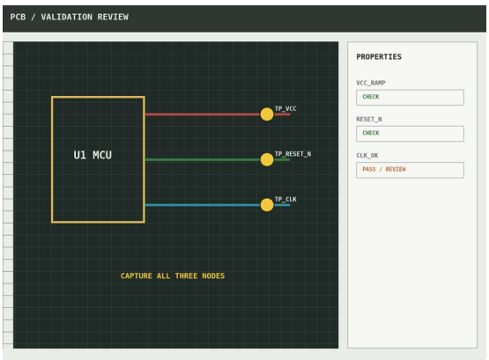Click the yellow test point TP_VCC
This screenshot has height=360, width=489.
coord(267,114)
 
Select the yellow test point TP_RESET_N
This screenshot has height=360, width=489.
coord(267,159)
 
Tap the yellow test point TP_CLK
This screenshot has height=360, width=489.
coord(267,205)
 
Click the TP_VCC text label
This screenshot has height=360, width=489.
coord(285,108)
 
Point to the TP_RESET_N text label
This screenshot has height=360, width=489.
coord(293,154)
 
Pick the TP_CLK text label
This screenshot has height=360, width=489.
coord(285,199)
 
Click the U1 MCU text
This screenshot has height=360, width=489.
coord(93,155)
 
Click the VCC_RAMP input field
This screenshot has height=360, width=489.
coord(410,98)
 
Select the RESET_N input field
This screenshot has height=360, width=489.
coord(410,134)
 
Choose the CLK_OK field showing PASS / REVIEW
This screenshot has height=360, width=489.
coord(410,170)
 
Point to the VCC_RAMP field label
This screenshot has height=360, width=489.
coord(371,83)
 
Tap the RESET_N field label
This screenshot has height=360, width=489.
coord(369,120)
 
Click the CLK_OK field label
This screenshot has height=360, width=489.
coord(367,156)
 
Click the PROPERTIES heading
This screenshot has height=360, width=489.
coord(379,56)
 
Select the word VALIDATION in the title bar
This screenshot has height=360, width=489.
coord(67,17)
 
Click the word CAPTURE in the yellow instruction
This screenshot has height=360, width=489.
coord(137,276)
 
